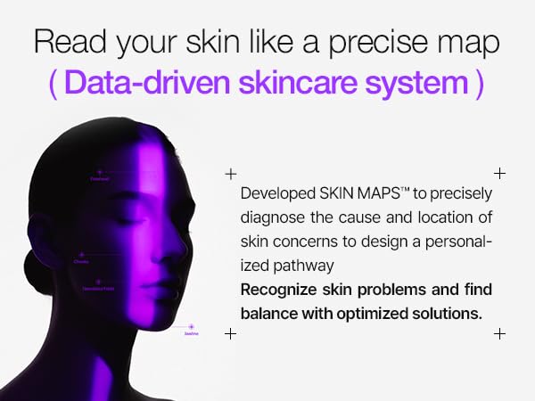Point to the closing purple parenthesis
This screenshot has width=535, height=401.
480,83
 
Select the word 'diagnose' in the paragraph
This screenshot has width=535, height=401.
271,217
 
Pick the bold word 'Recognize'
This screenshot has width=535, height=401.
276,291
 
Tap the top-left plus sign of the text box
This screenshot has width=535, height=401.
230,173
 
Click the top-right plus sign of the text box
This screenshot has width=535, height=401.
499,173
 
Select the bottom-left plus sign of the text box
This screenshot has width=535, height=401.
230,333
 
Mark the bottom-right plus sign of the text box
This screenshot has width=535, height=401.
499,333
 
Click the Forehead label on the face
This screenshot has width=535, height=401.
99,179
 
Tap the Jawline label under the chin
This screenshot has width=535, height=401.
191,333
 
